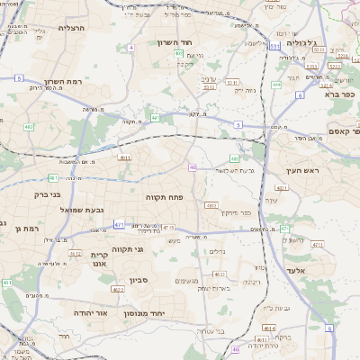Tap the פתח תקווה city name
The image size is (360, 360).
click(x=164, y=195)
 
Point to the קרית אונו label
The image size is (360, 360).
click(x=99, y=260)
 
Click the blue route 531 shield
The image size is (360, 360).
click(x=274, y=44)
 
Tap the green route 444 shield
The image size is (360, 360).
click(x=276, y=85)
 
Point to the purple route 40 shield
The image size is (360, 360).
click(x=193, y=166)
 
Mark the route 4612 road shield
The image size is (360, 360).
click(x=76, y=253)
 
